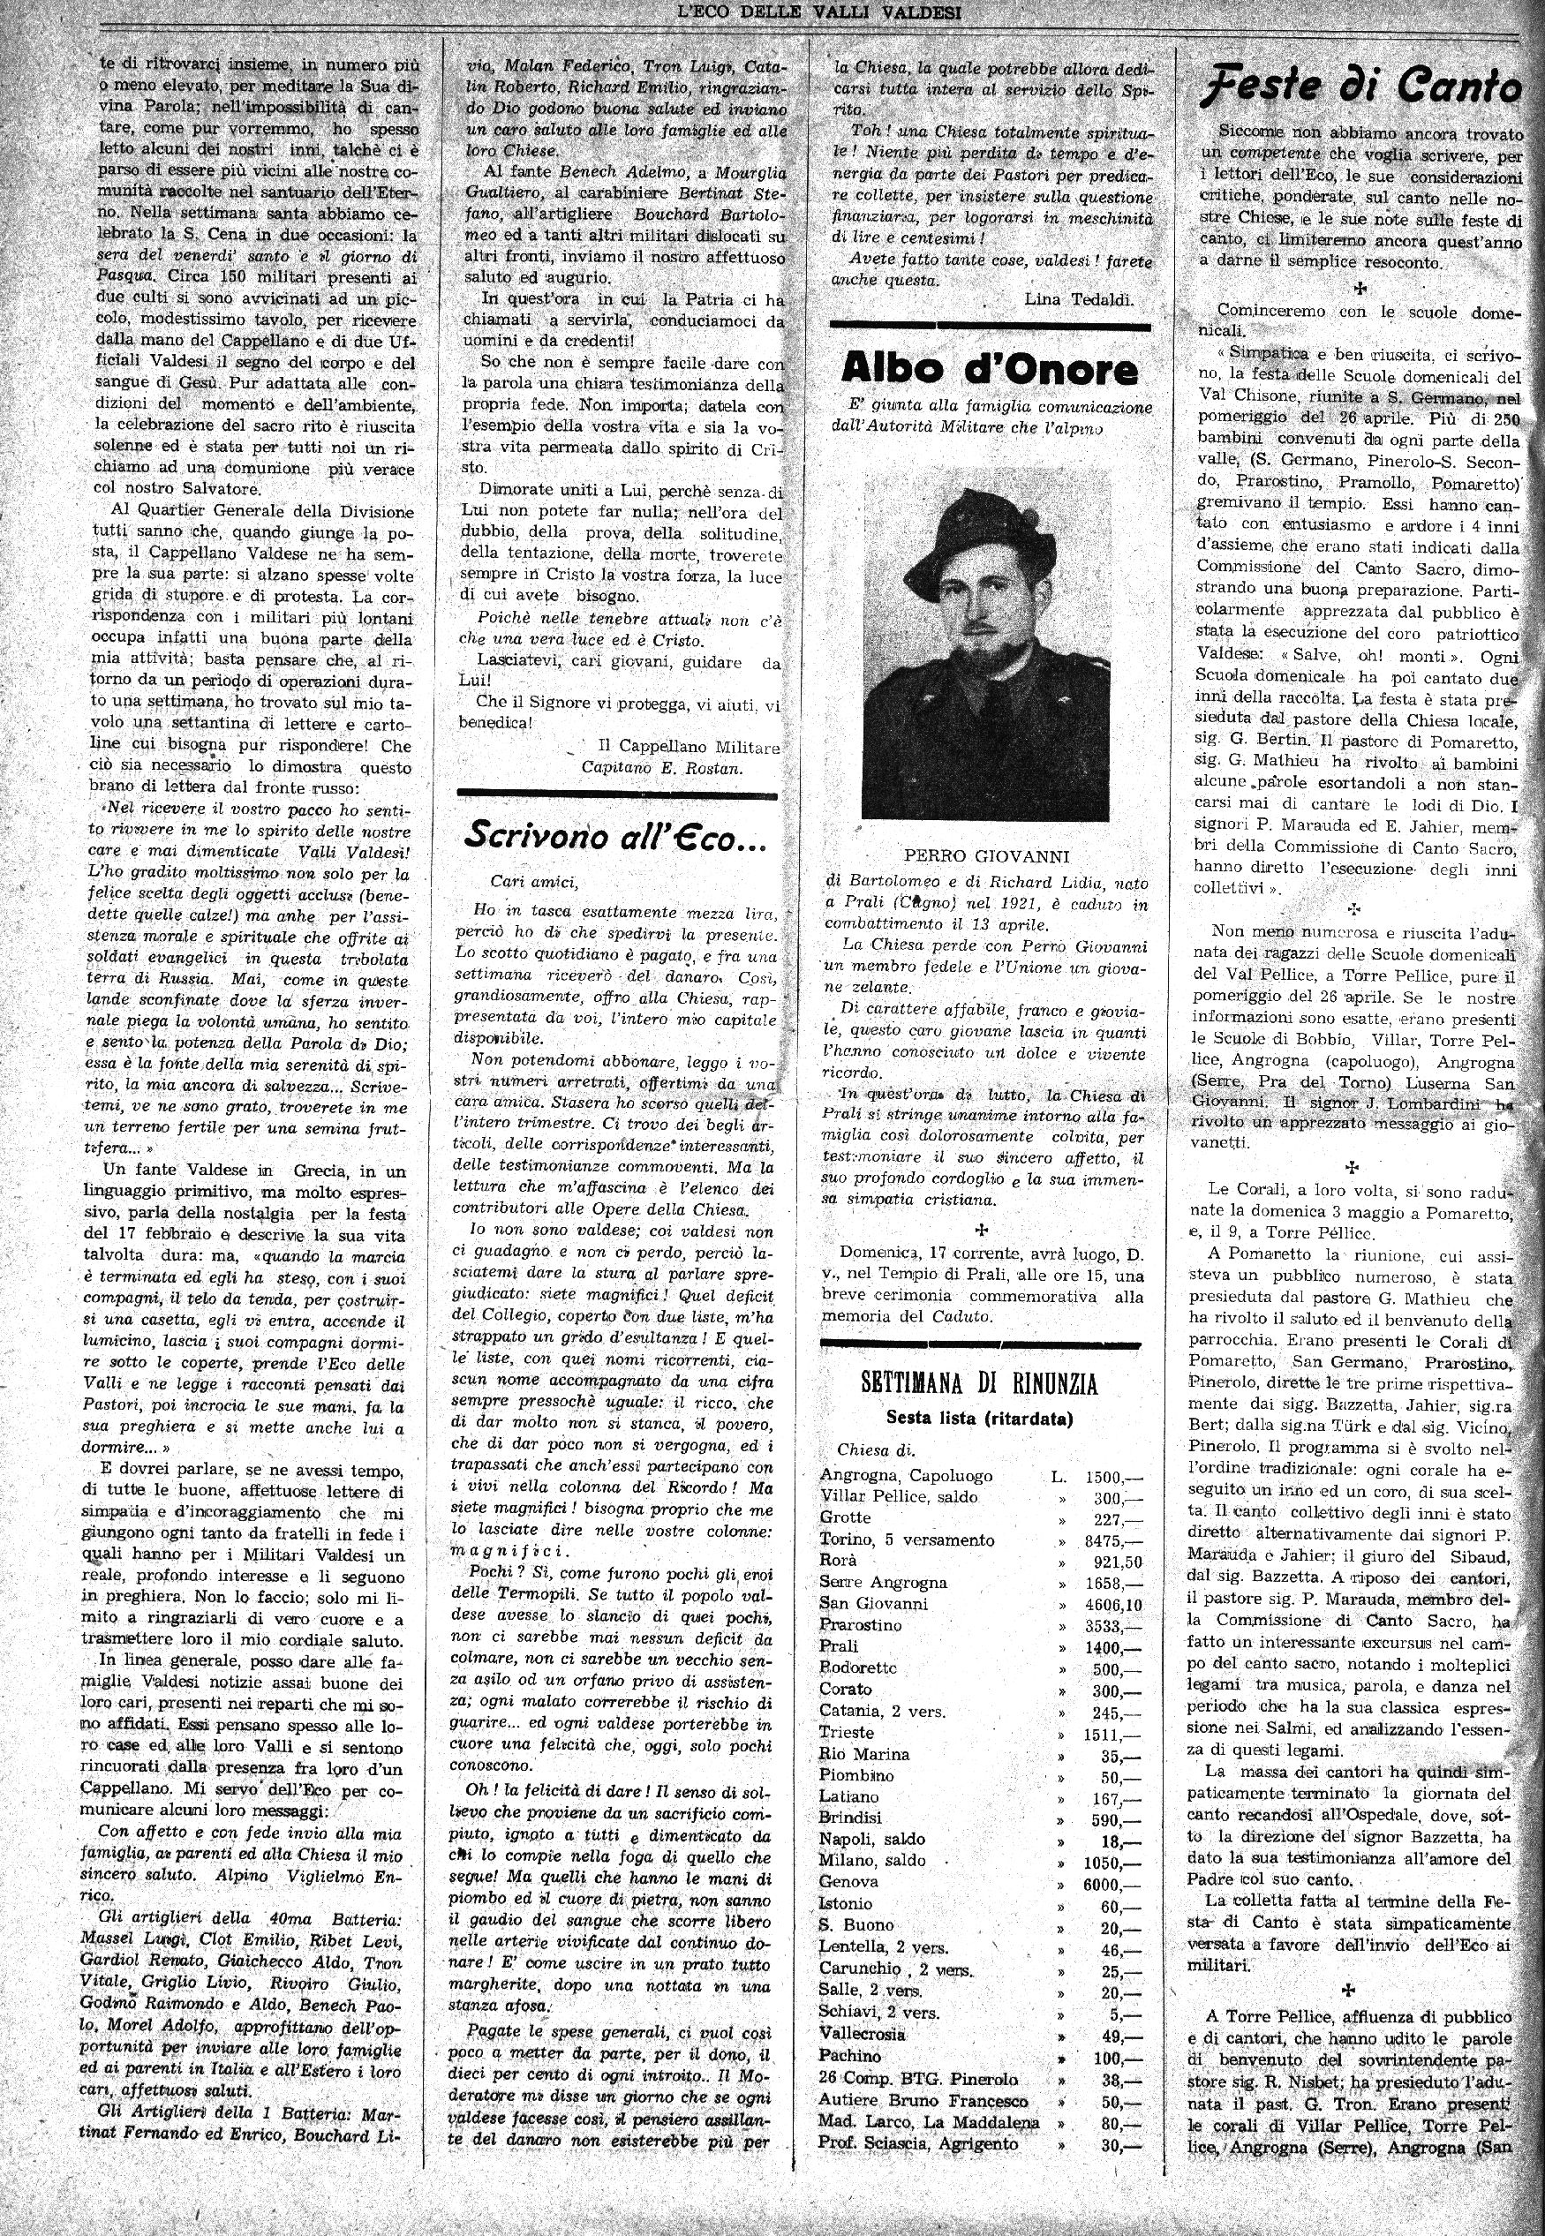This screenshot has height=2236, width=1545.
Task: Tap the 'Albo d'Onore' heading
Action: [x=990, y=368]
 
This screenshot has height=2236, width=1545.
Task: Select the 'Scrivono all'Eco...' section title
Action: [x=615, y=834]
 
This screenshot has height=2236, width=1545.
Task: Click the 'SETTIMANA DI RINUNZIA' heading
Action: [x=979, y=1383]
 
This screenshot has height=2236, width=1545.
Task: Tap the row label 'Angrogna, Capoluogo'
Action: [x=905, y=1476]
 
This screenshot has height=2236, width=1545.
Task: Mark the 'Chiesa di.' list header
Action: [x=876, y=1450]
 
